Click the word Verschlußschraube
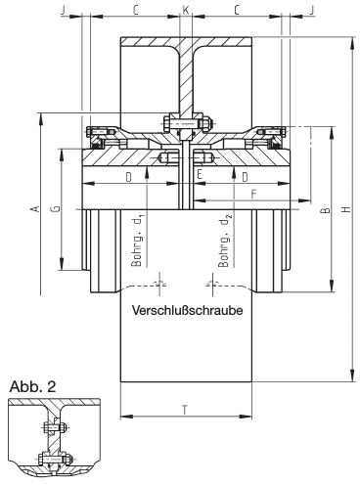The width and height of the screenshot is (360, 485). [x=187, y=310]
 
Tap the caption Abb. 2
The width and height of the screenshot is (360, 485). [x=32, y=386]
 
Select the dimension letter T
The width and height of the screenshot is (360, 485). [x=185, y=410]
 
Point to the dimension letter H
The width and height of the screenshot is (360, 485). [x=347, y=209]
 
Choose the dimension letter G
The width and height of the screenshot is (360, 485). [x=56, y=208]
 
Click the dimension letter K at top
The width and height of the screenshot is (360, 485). [x=186, y=11]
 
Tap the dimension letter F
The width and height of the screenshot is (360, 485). [x=253, y=195]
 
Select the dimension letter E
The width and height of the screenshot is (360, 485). [x=200, y=175]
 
